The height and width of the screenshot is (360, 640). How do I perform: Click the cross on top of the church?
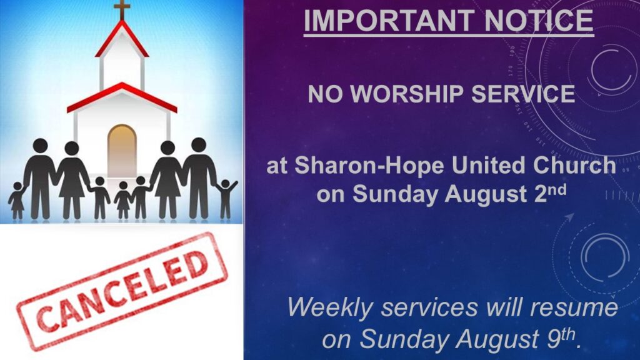tap(122, 9)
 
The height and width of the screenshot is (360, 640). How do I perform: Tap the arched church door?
tap(122, 151)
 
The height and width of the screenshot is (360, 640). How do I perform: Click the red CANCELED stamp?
tap(122, 292)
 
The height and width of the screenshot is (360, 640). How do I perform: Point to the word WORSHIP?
tap(407, 94)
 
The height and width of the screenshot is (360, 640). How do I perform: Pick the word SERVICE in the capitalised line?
tap(523, 94)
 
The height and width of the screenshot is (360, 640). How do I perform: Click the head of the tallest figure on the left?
tap(41, 146)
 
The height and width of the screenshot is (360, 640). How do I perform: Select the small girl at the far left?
tap(17, 201)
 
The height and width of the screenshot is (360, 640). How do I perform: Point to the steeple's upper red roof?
tap(122, 39)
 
